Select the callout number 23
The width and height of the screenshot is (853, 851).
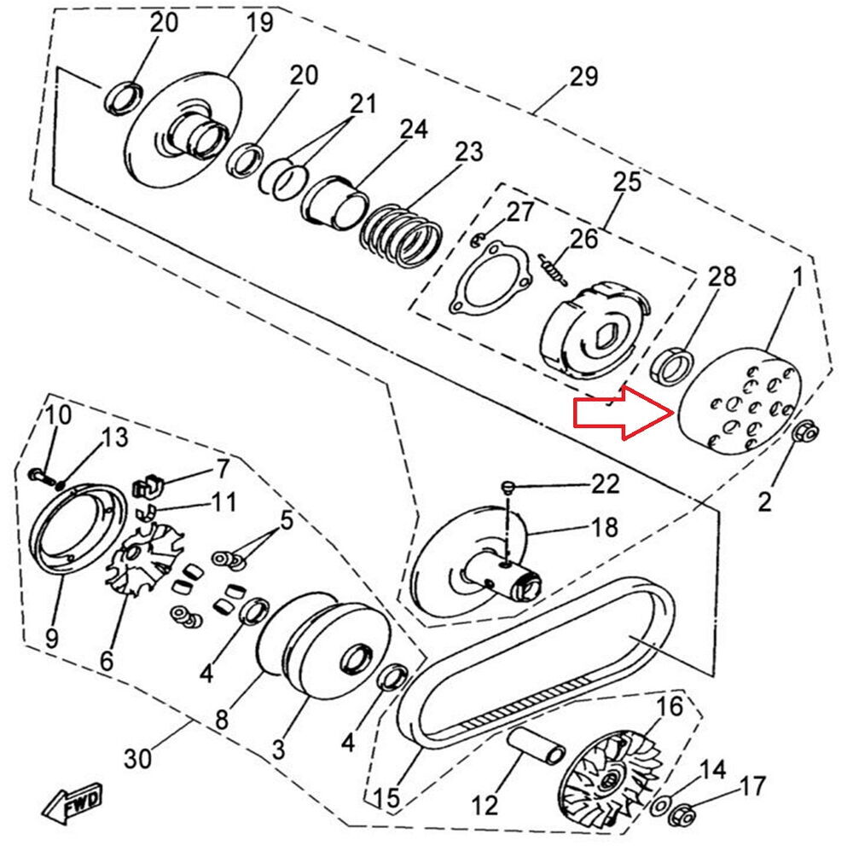click(468, 153)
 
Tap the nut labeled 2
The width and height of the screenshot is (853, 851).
click(803, 432)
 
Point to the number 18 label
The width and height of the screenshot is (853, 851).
click(604, 528)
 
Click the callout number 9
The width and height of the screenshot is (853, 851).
click(52, 638)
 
